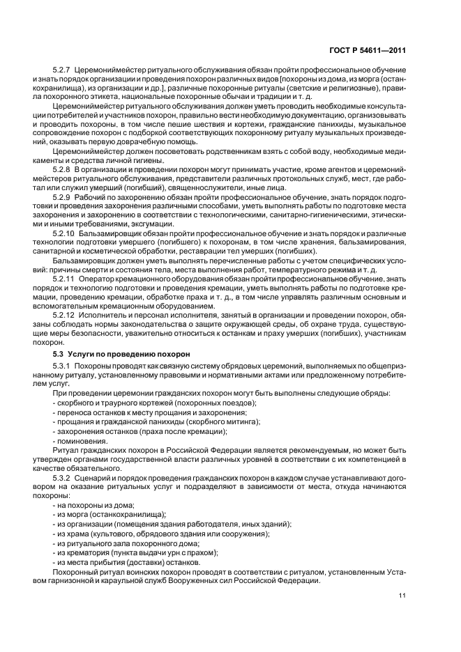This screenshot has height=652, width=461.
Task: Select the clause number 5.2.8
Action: [63, 169]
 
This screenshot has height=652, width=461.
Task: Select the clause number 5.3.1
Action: [63, 367]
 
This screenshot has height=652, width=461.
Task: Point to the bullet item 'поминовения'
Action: [82, 440]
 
